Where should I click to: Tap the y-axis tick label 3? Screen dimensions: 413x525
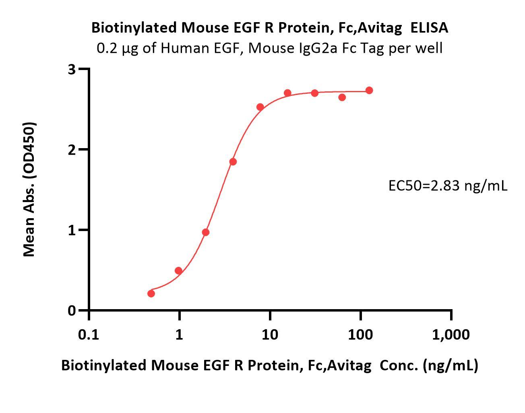pos(72,69)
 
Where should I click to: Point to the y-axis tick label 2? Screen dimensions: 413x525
pos(72,150)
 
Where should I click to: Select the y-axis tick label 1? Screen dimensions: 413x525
pos(72,230)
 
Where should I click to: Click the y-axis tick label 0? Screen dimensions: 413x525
pos(72,310)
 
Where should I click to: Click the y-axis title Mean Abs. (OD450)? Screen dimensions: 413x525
pos(29,189)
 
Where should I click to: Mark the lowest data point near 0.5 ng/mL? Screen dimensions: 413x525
pos(151,293)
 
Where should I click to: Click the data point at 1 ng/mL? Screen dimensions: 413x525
pos(179,271)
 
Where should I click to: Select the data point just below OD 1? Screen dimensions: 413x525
pos(206,232)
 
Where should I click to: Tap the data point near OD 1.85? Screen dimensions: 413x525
pos(233,162)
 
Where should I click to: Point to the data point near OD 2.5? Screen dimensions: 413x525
pos(260,107)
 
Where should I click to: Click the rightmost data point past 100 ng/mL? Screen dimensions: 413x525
pos(369,90)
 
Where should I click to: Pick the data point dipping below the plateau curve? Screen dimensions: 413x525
pos(342,97)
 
